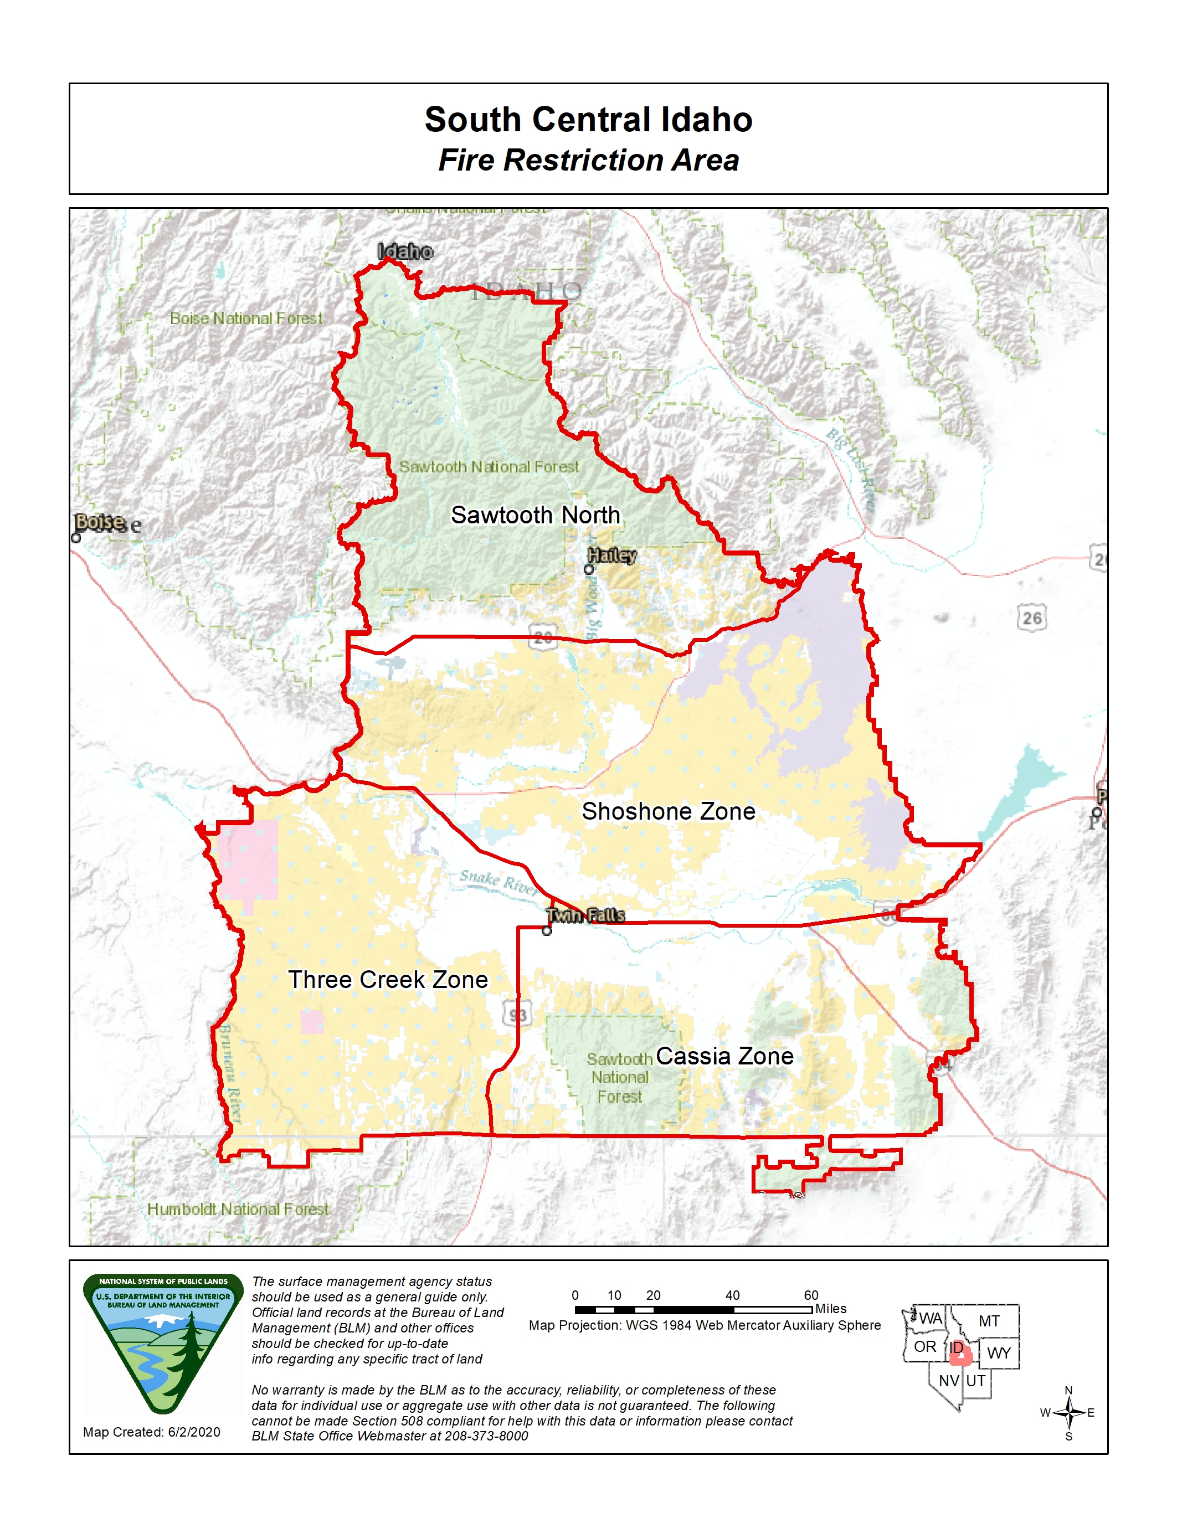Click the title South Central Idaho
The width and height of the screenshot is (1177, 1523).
[588, 119]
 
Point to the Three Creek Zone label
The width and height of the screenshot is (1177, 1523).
[388, 979]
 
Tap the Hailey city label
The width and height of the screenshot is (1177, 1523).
[611, 555]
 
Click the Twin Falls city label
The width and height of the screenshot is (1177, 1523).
[585, 915]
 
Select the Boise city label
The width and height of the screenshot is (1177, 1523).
[100, 522]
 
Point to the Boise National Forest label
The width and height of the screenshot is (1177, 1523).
[246, 318]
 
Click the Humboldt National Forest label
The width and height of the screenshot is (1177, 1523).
[238, 1209]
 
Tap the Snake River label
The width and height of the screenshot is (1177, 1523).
[498, 882]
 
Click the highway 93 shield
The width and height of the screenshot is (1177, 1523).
[517, 1014]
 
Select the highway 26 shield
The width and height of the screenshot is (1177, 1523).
[1031, 618]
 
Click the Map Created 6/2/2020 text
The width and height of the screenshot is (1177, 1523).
[151, 1432]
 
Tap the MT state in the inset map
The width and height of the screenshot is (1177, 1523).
[989, 1321]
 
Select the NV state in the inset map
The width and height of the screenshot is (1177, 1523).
[948, 1381]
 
